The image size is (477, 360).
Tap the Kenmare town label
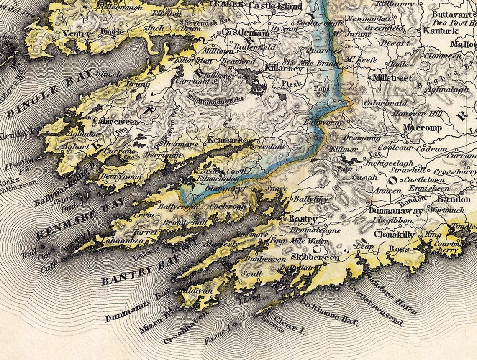[x=225, y=140]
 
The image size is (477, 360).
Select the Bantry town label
[x=303, y=219]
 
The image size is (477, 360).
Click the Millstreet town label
[x=392, y=78]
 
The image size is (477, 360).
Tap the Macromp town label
[x=422, y=128]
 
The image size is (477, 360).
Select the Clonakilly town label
[x=395, y=235]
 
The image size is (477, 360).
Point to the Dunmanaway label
[x=396, y=212]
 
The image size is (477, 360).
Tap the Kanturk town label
[x=441, y=30]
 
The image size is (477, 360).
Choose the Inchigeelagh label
[x=390, y=163]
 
